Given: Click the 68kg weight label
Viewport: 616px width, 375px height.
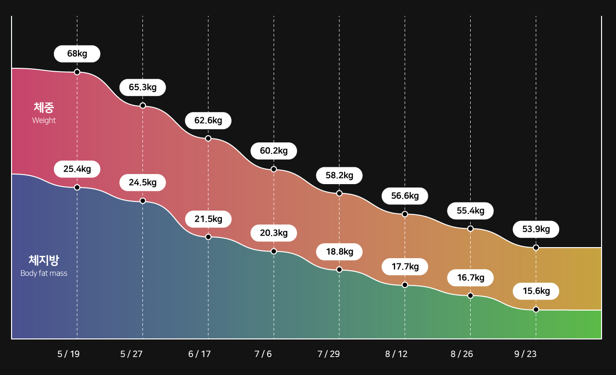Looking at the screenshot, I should pos(77,54).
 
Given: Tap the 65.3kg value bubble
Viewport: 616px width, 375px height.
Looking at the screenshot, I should pos(142,87).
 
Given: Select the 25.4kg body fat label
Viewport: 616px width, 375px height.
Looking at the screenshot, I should pos(77,169).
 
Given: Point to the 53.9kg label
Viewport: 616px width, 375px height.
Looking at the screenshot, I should pos(536,229).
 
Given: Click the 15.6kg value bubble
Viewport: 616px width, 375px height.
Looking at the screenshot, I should pos(536,291).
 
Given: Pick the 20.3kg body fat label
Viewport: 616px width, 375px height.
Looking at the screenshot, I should pos(274,233).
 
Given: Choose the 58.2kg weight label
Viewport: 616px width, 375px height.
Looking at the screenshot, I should pos(339,175).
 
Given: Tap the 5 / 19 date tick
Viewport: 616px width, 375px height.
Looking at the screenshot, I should pos(68,354).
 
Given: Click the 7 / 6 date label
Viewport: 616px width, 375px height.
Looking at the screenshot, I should pos(263,354).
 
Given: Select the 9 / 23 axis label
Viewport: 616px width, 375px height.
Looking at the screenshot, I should pos(525,354).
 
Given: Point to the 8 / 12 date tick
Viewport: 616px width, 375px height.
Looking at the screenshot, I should pos(396,354).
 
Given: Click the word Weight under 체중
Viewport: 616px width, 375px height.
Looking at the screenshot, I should pos(44,121).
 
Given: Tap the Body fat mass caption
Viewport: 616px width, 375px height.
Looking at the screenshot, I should pos(44,274).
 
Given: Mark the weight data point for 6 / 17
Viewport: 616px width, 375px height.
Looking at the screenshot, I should pos(208,138).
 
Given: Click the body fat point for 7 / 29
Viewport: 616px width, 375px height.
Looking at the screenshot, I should pos(339,270).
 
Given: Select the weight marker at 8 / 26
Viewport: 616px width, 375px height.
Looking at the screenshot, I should pos(471,228).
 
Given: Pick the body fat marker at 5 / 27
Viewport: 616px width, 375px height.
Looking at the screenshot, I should pos(142,200).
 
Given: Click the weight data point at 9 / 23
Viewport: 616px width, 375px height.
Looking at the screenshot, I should pos(536,248).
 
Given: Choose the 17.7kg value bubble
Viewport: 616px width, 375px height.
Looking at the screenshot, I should pos(405,266).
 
